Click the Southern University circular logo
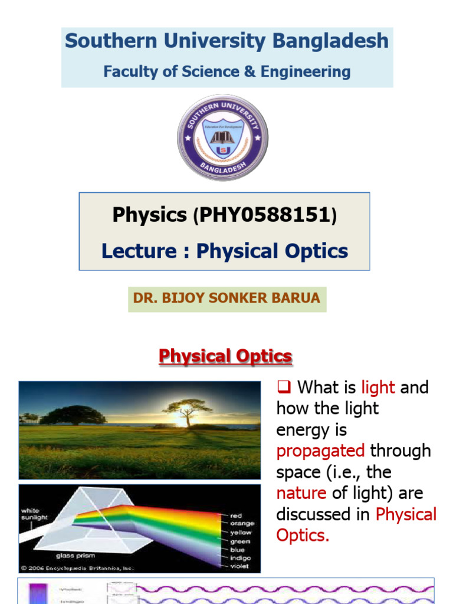tap(223, 138)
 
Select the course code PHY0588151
tap(264, 215)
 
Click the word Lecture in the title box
tap(139, 251)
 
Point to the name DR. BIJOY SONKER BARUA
tap(226, 298)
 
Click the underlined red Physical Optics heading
tap(226, 356)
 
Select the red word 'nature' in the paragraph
tap(301, 493)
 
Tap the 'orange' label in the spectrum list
tap(242, 524)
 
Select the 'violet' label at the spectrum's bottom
tap(240, 566)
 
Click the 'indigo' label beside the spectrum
tap(241, 557)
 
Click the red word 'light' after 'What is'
tap(378, 388)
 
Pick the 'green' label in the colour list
tap(240, 541)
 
